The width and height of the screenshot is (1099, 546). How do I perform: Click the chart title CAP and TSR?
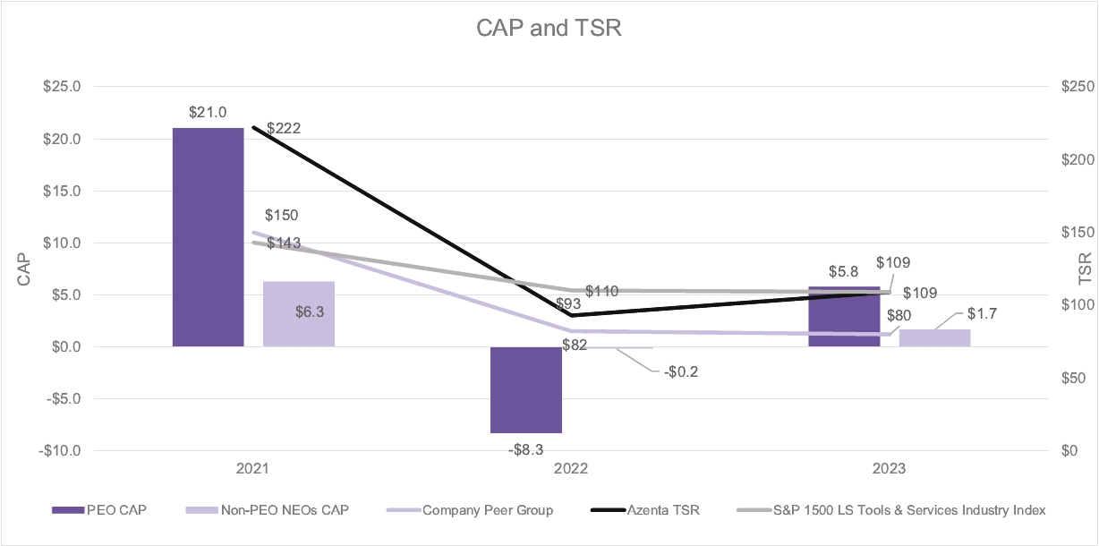tap(549, 28)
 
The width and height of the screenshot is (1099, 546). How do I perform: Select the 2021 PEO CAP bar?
tap(208, 236)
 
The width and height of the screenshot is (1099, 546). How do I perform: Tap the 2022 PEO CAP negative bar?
tap(525, 389)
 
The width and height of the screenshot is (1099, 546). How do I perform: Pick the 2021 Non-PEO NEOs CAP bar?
tap(298, 313)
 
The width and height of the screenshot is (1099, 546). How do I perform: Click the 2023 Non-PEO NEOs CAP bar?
tap(934, 337)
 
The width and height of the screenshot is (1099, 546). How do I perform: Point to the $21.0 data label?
tap(208, 113)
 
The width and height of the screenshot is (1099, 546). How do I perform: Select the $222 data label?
tap(284, 128)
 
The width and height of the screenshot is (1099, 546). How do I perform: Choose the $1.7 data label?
tap(984, 314)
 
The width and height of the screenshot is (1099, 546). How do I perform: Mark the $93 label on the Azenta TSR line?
tap(567, 304)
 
